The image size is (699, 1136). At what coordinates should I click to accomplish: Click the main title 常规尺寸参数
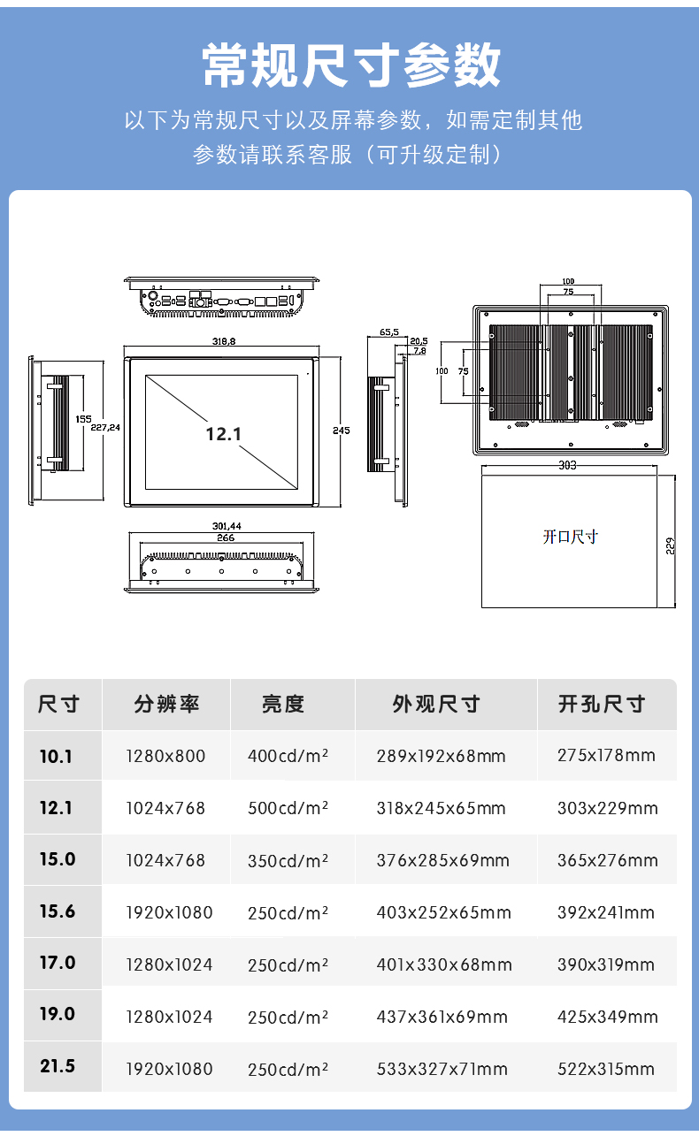tap(351, 65)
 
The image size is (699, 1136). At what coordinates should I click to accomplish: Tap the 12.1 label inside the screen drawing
tap(223, 434)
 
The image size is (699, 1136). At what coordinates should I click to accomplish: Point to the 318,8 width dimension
tap(224, 341)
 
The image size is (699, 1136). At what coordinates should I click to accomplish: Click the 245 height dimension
tap(342, 431)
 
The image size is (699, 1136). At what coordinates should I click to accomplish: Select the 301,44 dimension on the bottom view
tap(227, 526)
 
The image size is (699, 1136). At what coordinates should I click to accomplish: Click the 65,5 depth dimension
tap(389, 332)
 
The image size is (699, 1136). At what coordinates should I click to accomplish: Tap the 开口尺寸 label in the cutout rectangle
tap(571, 537)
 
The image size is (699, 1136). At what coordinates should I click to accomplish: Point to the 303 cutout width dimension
tap(567, 465)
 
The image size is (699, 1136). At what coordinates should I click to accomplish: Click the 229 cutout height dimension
tap(671, 545)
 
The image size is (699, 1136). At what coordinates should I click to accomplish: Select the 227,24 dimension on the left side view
tap(105, 428)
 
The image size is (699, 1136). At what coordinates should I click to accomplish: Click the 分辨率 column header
tap(167, 704)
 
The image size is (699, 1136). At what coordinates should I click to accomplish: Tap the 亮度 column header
tap(283, 704)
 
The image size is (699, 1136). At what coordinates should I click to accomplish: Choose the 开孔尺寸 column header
tap(602, 704)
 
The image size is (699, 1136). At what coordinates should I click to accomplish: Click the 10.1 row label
tap(56, 757)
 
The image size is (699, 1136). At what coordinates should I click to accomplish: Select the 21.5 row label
tap(58, 1066)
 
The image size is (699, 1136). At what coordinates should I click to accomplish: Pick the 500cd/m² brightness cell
tap(288, 808)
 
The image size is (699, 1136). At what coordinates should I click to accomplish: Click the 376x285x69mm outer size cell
tap(442, 860)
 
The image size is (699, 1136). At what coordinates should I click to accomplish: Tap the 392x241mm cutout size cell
tap(606, 912)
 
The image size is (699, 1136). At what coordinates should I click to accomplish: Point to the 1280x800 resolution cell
tap(165, 756)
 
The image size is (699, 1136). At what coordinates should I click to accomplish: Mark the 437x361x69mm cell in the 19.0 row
tap(442, 1017)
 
